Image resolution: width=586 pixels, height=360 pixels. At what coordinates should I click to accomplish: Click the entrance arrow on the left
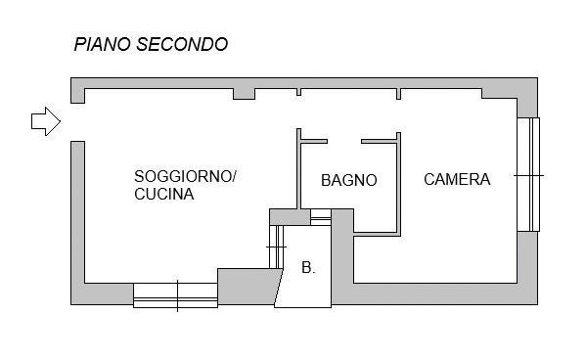(x=46, y=121)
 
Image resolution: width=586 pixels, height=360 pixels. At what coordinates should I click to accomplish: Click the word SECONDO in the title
(x=182, y=44)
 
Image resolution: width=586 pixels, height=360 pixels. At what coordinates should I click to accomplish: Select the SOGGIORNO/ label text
(x=185, y=176)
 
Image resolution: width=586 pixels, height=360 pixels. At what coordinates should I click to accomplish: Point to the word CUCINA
(x=164, y=194)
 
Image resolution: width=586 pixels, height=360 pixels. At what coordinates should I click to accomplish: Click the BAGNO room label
(x=348, y=180)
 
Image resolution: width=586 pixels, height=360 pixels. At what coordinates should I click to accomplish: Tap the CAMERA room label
(x=457, y=179)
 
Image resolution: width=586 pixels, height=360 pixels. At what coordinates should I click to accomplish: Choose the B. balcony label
(x=308, y=267)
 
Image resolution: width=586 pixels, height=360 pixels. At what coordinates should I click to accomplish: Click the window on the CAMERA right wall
(x=528, y=174)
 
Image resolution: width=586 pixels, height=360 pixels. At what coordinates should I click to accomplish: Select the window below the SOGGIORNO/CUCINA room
(x=176, y=295)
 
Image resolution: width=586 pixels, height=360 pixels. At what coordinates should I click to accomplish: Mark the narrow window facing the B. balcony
(x=277, y=247)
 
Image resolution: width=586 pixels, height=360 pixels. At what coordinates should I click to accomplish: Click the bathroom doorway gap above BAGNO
(x=344, y=141)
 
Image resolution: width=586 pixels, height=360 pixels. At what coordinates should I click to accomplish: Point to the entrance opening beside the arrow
(x=77, y=122)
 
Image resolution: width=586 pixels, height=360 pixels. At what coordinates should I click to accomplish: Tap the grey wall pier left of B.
(x=248, y=287)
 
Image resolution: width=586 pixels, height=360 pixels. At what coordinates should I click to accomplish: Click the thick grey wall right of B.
(x=342, y=256)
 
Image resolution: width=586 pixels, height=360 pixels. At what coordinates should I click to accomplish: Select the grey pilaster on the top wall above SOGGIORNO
(x=244, y=94)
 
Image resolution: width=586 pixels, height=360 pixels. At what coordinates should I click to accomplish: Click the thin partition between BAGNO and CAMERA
(x=398, y=184)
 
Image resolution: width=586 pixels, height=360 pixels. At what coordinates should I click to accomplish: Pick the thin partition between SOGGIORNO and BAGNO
(x=298, y=168)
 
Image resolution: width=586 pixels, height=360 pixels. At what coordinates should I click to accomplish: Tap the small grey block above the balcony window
(x=290, y=217)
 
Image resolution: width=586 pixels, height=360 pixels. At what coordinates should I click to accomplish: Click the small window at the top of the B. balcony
(x=321, y=217)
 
